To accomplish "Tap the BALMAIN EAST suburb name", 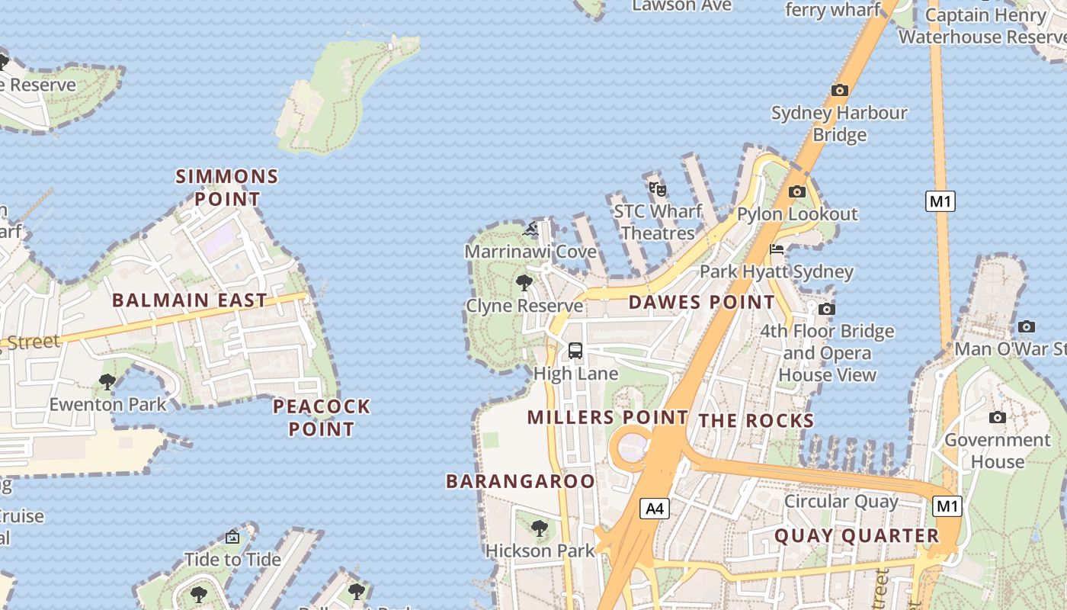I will (190, 300).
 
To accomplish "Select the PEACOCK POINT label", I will (322, 417).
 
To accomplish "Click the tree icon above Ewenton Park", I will (107, 381).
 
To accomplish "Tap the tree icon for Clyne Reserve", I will (524, 283).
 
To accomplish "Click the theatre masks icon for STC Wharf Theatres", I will (658, 188).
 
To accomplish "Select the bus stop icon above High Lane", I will (575, 351).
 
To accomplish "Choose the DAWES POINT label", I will (701, 303).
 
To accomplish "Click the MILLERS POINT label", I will (607, 417).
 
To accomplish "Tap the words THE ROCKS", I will (756, 421).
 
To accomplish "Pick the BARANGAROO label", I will (520, 481).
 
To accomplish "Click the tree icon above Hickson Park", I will (540, 528).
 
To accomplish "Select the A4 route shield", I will (655, 509).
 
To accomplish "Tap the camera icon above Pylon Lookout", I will (797, 191).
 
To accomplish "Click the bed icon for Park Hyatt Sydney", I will (777, 249).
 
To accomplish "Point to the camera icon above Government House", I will (997, 417).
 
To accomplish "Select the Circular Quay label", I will (841, 502).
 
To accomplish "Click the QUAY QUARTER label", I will (857, 536).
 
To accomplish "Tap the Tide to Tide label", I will (233, 560).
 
